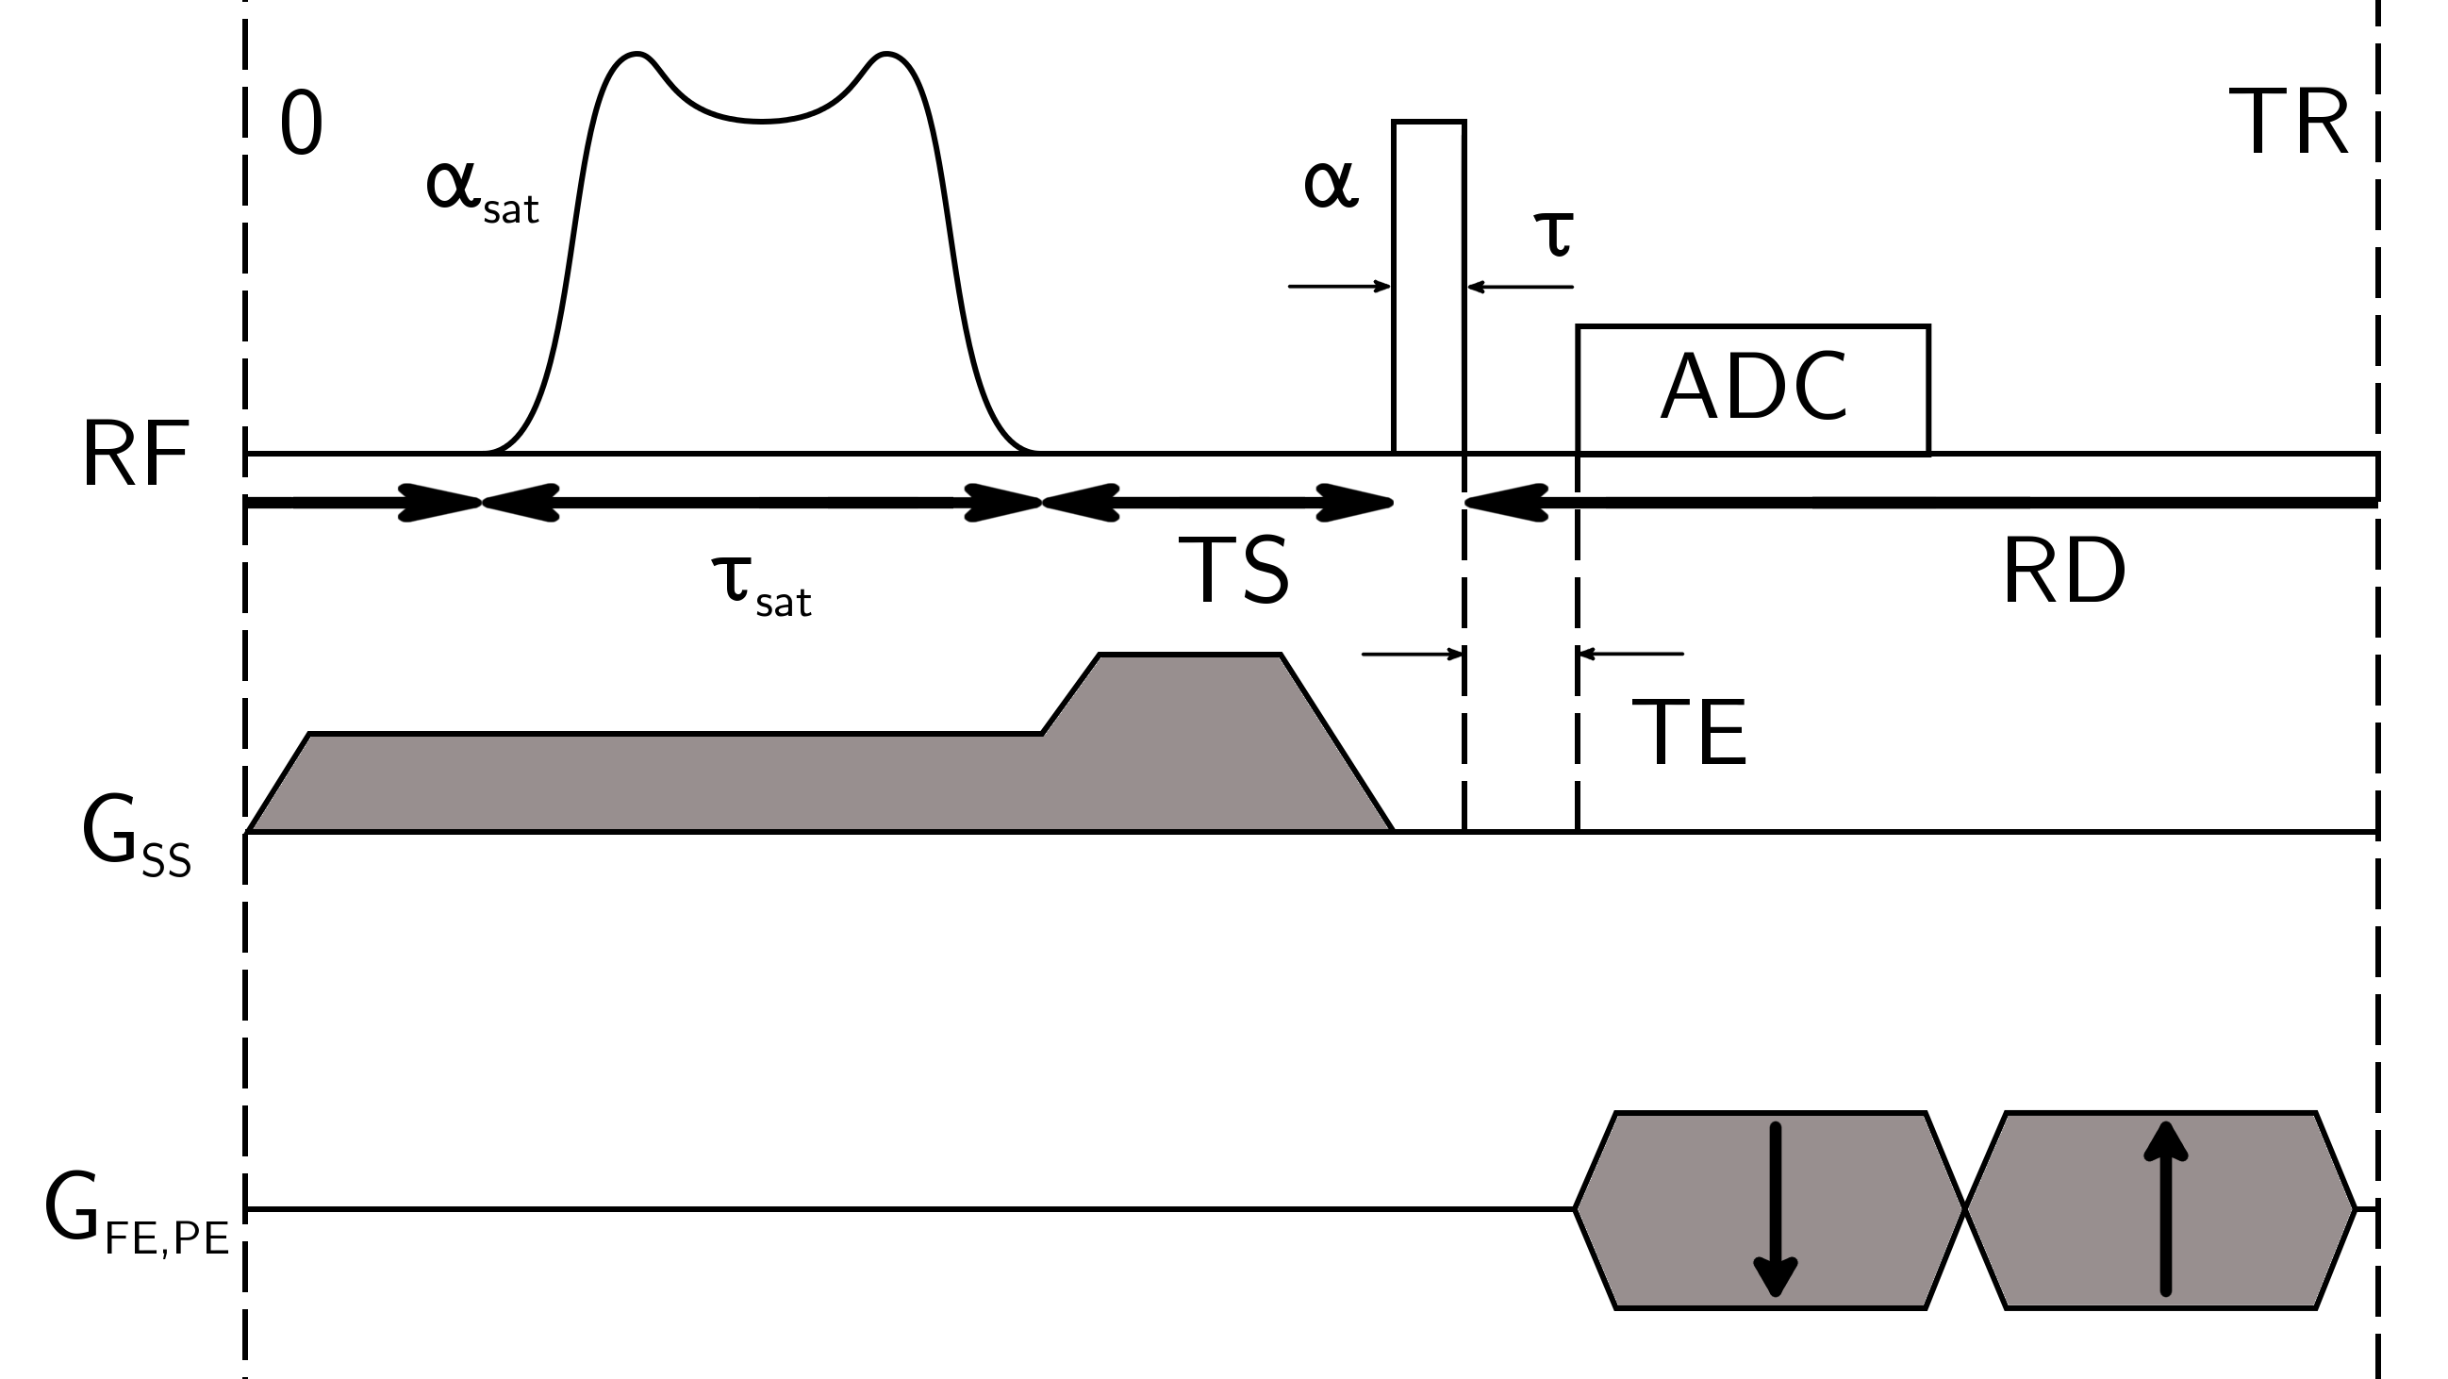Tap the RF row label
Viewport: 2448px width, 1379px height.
tap(135, 457)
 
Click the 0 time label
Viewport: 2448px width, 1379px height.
tap(301, 126)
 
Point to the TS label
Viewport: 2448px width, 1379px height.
tap(1233, 571)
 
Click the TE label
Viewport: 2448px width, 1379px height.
tap(1689, 732)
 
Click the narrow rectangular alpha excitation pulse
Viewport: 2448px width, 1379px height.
tap(1429, 285)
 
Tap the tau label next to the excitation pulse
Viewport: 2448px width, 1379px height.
tap(1555, 233)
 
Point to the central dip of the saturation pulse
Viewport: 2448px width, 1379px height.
tap(760, 120)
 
